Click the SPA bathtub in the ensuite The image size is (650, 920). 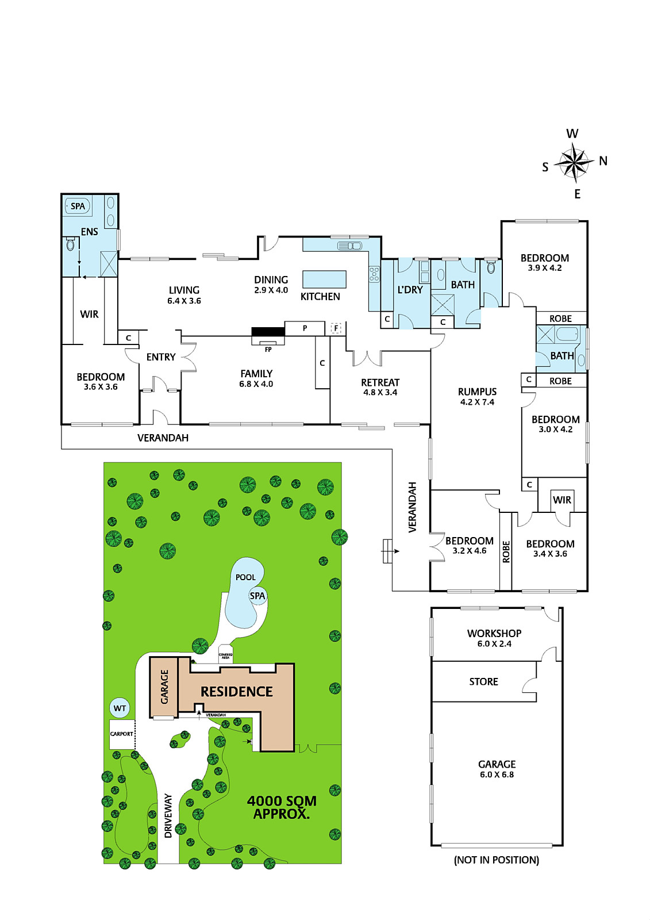78,206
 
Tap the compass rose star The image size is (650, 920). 574,162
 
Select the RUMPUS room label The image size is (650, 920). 477,392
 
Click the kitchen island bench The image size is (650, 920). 324,279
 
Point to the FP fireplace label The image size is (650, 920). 268,350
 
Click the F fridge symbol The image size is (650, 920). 336,328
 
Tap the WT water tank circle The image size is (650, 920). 120,708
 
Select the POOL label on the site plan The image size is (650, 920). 245,577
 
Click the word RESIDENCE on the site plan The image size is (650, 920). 237,692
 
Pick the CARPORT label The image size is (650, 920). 121,734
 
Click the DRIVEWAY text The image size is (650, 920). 168,815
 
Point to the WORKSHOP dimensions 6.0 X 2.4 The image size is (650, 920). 494,643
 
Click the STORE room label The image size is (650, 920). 484,681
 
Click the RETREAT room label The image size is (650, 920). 380,382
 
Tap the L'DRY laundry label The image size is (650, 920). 410,290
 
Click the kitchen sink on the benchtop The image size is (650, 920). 349,246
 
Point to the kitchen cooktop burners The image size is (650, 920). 375,274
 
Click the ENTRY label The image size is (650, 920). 161,357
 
